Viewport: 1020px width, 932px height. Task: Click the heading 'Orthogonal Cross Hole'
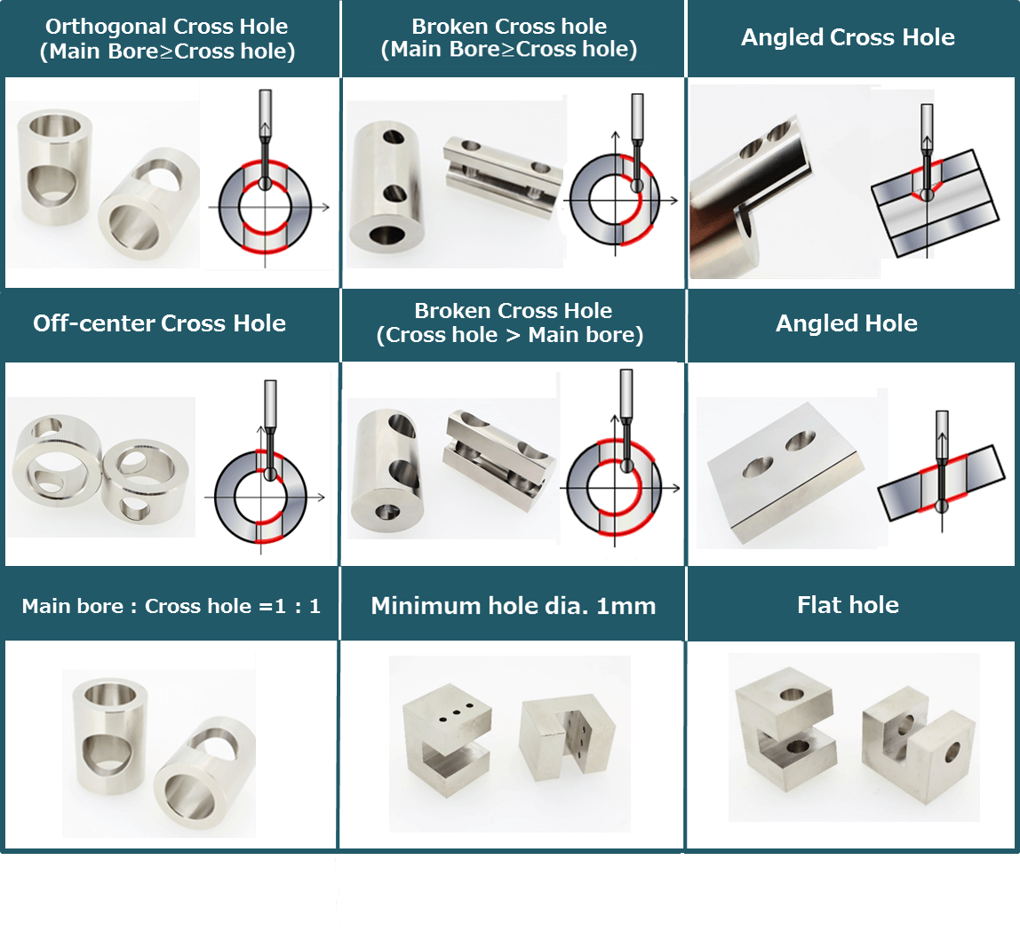[x=167, y=27]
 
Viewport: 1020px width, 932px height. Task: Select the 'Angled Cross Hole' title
[x=848, y=37]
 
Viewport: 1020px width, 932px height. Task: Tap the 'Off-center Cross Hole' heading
[x=160, y=323]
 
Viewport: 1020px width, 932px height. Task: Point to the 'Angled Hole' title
[x=847, y=323]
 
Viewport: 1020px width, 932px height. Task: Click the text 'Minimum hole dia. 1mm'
[x=513, y=606]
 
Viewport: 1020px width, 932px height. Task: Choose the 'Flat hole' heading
[x=848, y=605]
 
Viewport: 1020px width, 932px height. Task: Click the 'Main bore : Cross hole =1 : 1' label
[x=171, y=607]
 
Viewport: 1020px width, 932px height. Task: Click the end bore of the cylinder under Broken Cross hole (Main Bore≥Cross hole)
[x=385, y=235]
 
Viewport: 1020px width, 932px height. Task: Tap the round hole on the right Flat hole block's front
[x=952, y=753]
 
